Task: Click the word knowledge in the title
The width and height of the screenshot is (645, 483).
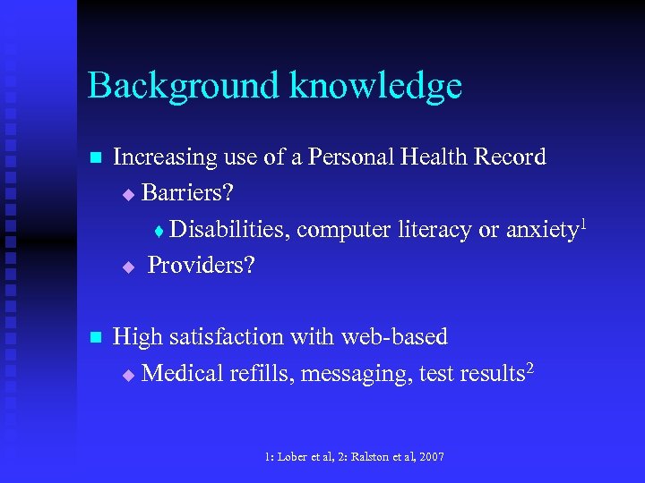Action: point(374,86)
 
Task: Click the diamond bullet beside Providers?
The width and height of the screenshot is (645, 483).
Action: point(127,267)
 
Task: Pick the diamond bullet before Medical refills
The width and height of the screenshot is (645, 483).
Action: point(127,375)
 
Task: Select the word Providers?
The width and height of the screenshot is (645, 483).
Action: point(201,266)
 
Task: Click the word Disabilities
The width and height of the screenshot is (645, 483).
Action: point(229,230)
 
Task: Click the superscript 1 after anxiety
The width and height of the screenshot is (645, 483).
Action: point(584,221)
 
